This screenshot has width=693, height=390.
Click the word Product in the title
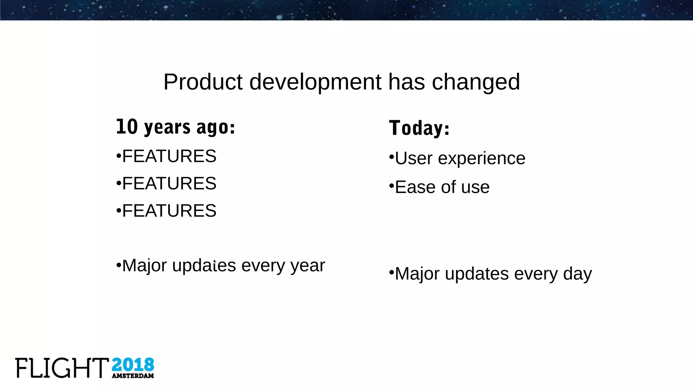pos(203,82)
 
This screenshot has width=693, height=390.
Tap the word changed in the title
pos(476,82)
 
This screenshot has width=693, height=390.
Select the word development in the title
pos(315,82)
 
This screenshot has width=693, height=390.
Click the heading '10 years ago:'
pos(175,127)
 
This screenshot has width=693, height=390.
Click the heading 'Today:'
pos(419,128)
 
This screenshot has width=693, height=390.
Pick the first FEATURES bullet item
pos(169,156)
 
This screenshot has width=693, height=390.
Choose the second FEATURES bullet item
pos(169,183)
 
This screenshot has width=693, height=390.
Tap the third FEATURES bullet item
pos(169,211)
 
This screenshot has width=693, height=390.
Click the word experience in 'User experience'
pos(482,158)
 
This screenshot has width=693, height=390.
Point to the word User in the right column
pos(413,158)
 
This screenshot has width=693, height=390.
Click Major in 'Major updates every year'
pos(144,265)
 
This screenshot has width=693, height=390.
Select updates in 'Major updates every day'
pos(476,274)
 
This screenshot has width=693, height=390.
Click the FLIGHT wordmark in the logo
pos(62,368)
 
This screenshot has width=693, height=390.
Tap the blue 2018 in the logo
pos(133,365)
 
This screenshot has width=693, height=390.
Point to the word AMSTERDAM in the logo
pos(133,376)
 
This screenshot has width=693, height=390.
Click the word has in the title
pos(406,82)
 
